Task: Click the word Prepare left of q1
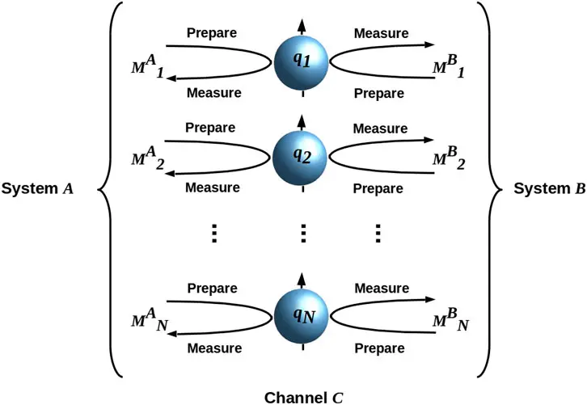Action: [x=212, y=34]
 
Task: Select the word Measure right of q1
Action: [x=381, y=34]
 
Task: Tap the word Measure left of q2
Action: [x=213, y=188]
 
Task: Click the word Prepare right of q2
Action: [x=378, y=188]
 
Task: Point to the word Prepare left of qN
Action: [x=212, y=288]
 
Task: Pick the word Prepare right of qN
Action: [x=378, y=348]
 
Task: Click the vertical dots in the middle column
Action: [x=303, y=233]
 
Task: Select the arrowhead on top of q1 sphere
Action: [x=302, y=24]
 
